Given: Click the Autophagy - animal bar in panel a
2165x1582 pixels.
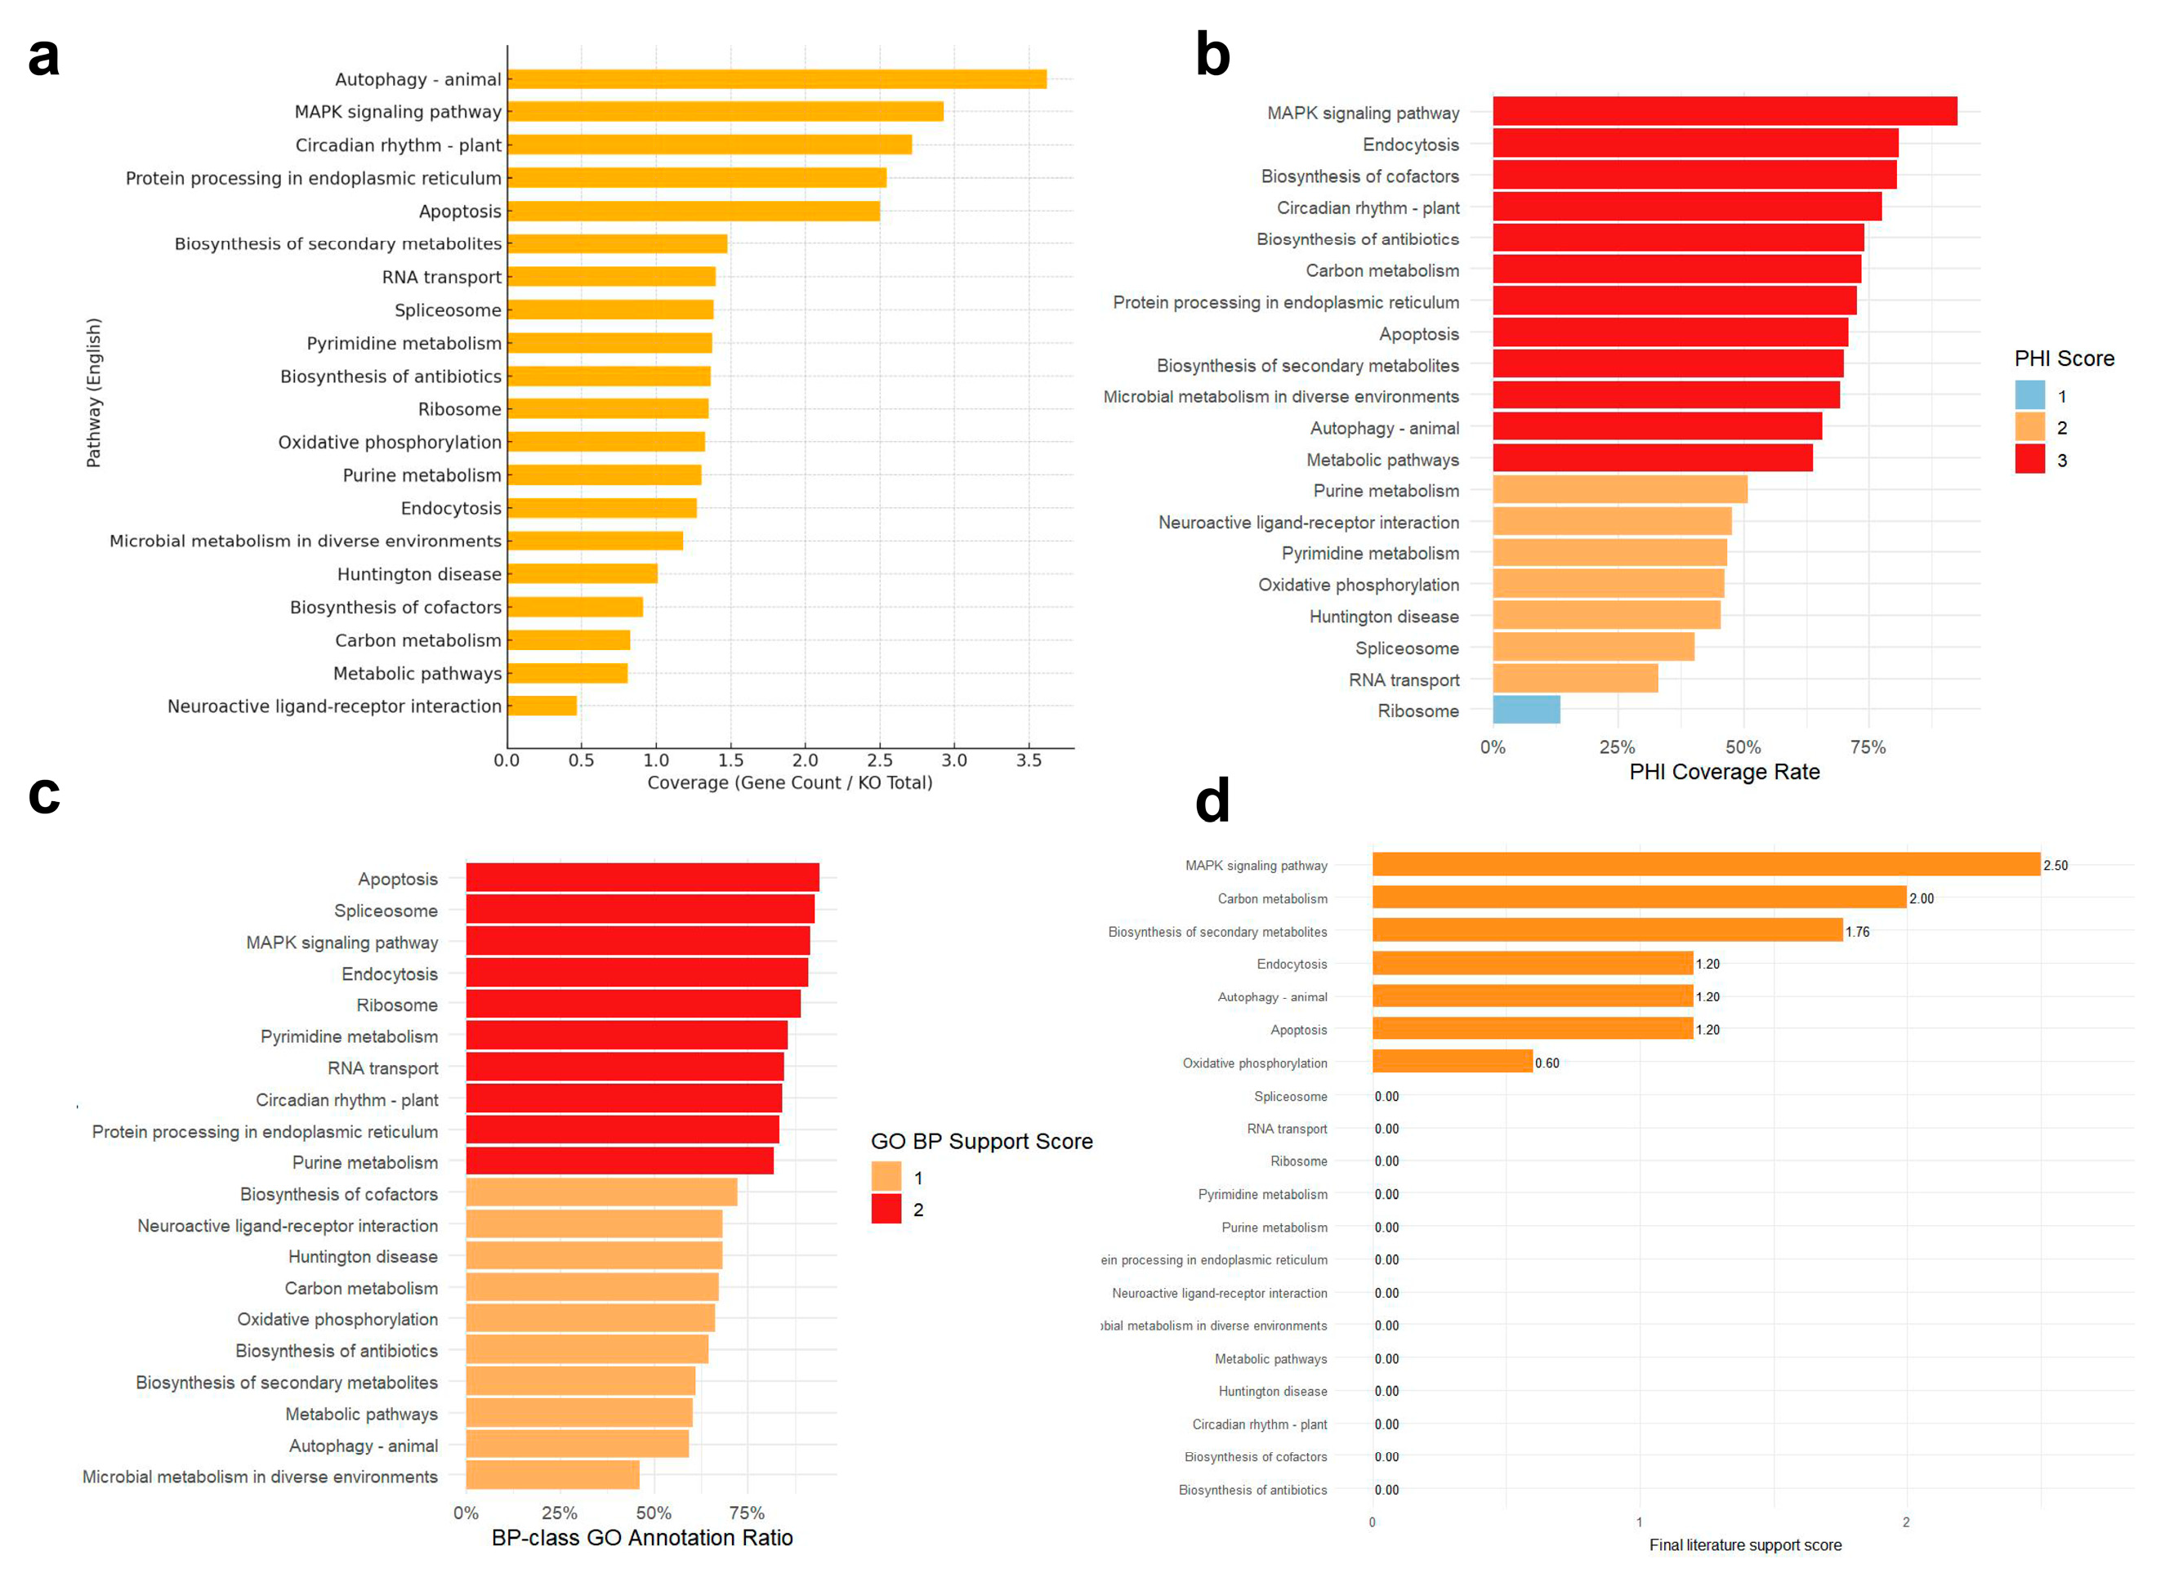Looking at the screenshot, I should pos(776,79).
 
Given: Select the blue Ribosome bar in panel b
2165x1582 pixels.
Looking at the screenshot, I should pos(1525,710).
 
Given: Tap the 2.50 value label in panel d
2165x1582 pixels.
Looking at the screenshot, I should pos(2055,866).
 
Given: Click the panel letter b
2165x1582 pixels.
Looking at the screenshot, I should pos(1212,56).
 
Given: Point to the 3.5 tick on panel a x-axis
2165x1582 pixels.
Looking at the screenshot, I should pos(1028,760).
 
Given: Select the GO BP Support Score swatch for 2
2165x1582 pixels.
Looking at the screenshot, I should pos(886,1209).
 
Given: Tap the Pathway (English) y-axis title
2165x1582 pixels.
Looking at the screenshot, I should pos(94,393).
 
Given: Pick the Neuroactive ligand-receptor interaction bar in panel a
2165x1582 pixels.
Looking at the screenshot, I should pos(542,706).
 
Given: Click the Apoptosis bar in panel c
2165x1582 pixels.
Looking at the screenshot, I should pos(642,877).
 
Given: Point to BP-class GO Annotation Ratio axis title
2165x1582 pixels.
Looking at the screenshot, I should pos(642,1537).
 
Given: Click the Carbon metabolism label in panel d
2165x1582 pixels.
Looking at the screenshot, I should pos(1272,898).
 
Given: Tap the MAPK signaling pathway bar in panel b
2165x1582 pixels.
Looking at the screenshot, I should pos(1725,111).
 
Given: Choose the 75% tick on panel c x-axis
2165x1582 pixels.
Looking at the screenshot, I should pos(746,1513).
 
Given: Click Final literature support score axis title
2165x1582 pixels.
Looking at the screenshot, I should pos(1744,1544).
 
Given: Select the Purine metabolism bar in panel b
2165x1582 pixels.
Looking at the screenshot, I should pos(1619,489).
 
